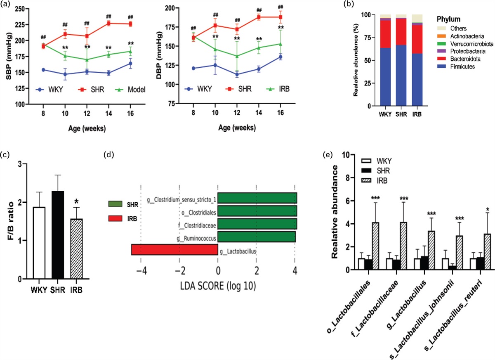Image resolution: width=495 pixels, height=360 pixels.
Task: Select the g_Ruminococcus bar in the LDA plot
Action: [256, 237]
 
